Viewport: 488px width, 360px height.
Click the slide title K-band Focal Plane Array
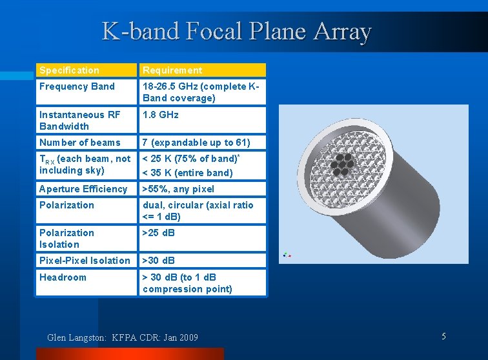[x=236, y=31]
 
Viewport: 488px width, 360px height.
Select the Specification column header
[x=70, y=70]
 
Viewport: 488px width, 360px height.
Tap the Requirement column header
[x=172, y=70]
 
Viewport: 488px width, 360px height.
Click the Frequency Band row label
[x=77, y=86]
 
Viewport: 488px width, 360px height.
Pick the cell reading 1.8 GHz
[x=161, y=115]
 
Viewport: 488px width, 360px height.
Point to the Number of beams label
[x=80, y=143]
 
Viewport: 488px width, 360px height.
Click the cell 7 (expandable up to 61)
[x=196, y=143]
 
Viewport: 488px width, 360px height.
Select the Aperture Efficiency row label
[x=83, y=189]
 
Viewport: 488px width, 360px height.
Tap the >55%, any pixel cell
[x=178, y=189]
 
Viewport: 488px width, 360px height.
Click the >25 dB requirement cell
[x=159, y=233]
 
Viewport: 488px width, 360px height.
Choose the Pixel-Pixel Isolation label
[x=85, y=261]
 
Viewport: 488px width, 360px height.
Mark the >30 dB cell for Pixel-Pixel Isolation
[x=159, y=261]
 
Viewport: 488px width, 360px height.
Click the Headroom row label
[x=63, y=277]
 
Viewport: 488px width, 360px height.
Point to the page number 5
[x=444, y=336]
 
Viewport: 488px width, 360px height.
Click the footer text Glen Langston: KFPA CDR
[x=123, y=337]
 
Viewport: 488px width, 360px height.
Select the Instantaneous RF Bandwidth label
[x=79, y=121]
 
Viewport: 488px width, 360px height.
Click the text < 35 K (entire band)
[x=187, y=173]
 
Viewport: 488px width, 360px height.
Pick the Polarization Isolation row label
[x=66, y=239]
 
